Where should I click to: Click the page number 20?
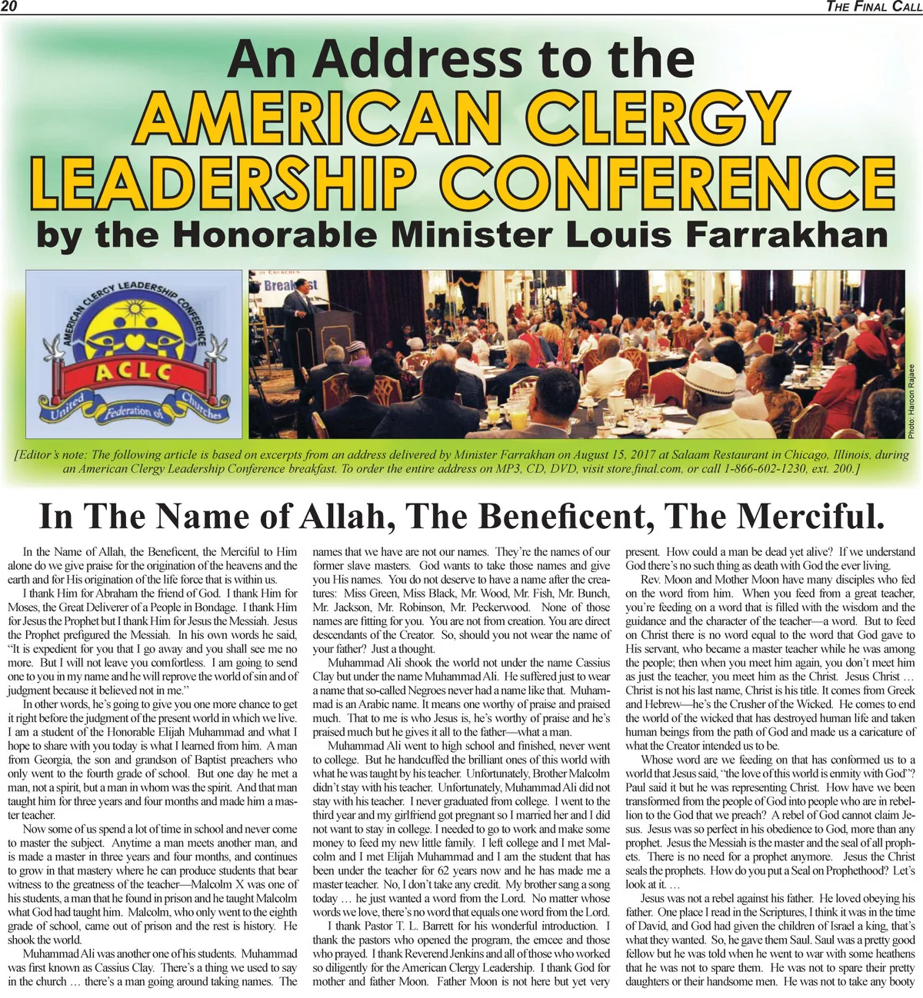(x=9, y=7)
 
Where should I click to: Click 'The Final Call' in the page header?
(x=872, y=7)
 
